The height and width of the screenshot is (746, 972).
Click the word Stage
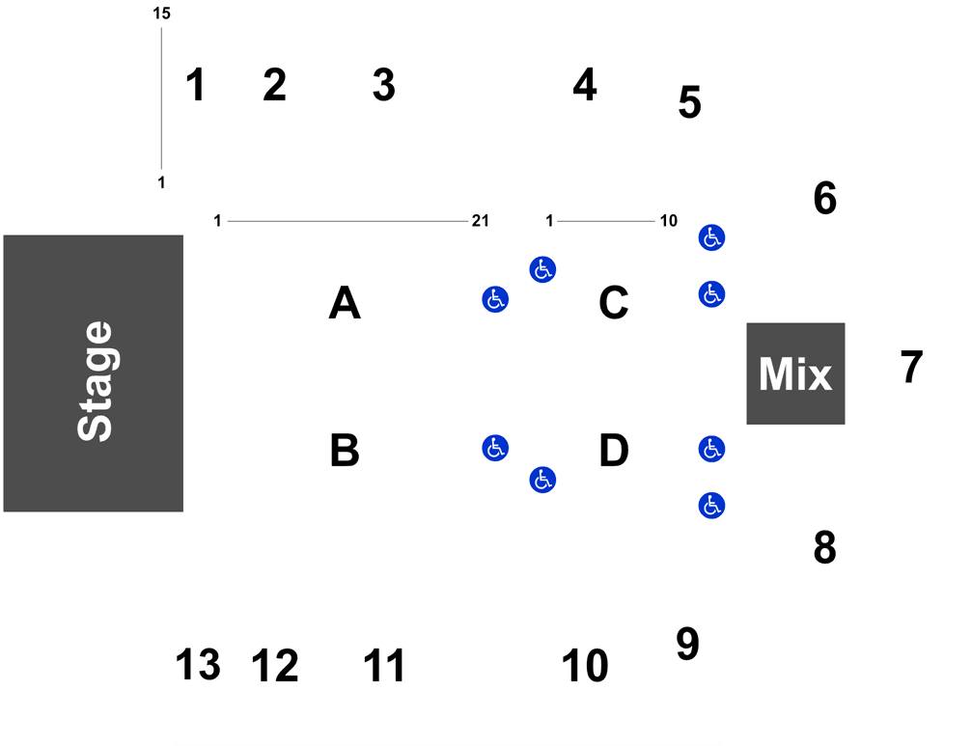click(x=95, y=381)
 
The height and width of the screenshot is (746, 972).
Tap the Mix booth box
click(x=795, y=373)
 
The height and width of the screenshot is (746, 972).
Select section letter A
click(x=345, y=302)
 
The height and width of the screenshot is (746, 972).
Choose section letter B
click(x=345, y=451)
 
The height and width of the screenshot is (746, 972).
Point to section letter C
click(x=614, y=302)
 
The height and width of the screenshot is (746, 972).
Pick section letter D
click(x=614, y=451)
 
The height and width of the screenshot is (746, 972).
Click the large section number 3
click(x=384, y=85)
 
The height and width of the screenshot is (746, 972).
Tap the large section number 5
click(x=689, y=102)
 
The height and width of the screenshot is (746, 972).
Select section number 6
click(x=824, y=198)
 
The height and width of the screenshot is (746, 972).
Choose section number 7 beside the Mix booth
click(x=911, y=368)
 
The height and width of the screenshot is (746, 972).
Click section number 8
click(x=824, y=548)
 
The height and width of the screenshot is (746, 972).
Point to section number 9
click(x=687, y=644)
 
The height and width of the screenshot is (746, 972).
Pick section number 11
click(x=384, y=666)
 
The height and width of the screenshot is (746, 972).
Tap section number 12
click(x=275, y=666)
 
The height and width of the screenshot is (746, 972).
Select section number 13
click(x=198, y=665)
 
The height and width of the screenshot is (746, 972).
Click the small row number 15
click(x=162, y=13)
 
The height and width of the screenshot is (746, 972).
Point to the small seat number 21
click(x=481, y=221)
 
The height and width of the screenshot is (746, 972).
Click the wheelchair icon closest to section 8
click(x=711, y=506)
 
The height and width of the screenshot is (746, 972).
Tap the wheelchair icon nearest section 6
click(x=711, y=237)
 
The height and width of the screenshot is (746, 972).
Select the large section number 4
click(x=585, y=85)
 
